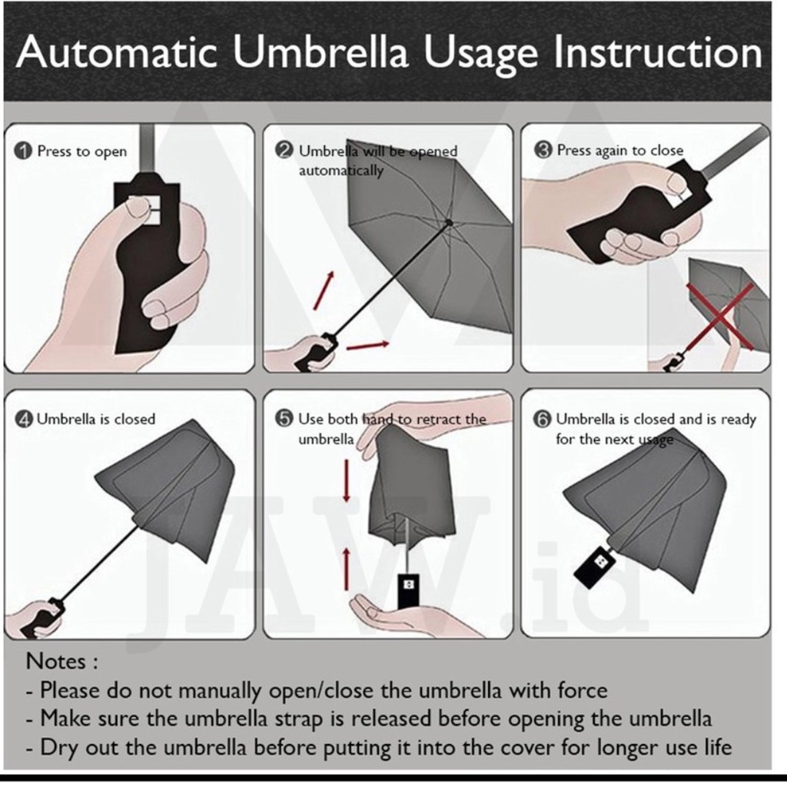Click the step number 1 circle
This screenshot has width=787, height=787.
coord(23,151)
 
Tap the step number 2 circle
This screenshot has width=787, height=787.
coord(284,151)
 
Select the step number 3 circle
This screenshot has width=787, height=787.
coord(543,150)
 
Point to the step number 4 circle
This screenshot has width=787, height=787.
coord(23,419)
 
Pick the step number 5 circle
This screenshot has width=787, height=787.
coord(284,419)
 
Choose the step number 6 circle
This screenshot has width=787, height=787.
coord(542,419)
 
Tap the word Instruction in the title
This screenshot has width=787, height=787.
coord(658,52)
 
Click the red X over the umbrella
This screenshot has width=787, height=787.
coord(719,316)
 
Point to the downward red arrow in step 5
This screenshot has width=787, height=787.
coord(347,480)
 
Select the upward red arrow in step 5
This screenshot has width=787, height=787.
coord(347,569)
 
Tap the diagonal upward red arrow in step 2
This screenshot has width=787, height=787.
coord(324,291)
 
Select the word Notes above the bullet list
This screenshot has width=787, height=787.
coord(55,661)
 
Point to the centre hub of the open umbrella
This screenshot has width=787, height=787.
coord(449,222)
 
